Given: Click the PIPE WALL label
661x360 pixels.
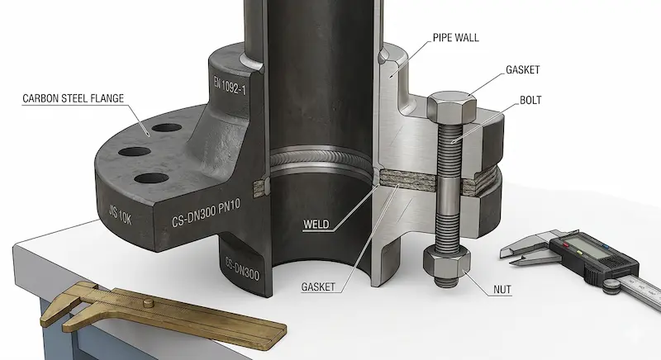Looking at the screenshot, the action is [x=456, y=38].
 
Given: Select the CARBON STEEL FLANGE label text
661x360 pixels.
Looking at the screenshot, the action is [x=73, y=98].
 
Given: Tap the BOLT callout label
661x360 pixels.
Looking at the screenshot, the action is [x=530, y=100].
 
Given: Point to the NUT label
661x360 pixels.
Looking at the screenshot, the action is [x=502, y=290].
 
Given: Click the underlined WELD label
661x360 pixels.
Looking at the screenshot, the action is [x=316, y=224].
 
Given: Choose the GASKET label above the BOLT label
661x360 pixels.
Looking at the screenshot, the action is [x=523, y=70].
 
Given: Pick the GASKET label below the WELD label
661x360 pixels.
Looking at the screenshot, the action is [x=318, y=287].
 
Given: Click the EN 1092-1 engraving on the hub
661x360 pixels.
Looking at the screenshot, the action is [x=230, y=85].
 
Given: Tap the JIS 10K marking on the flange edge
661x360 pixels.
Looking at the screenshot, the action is [x=120, y=216].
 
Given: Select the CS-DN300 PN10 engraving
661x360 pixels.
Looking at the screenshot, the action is [x=206, y=213].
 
